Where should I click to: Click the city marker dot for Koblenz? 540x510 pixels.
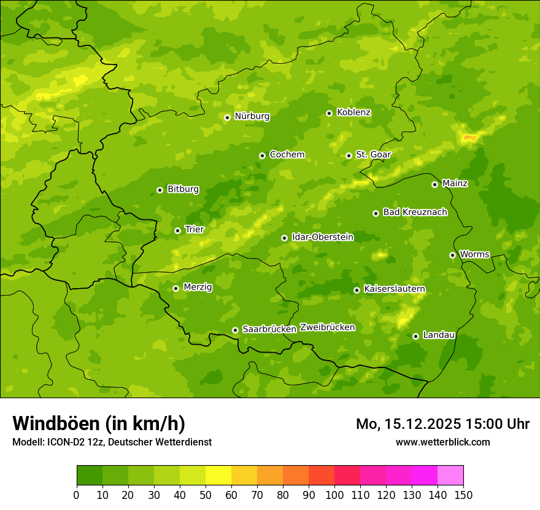coord(330,113)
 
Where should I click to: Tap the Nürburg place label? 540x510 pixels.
coord(252,116)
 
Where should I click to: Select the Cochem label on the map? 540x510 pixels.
coord(287,154)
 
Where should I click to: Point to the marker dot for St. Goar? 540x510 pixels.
coord(349,155)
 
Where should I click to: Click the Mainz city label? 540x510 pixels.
coord(455,183)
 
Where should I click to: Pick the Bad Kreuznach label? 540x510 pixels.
coord(415,212)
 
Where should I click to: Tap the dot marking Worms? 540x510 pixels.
coord(453,255)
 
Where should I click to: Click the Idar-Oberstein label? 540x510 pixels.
coord(322,237)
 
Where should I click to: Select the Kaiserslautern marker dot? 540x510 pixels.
coord(357,290)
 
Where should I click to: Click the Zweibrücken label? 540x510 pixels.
coord(327,327)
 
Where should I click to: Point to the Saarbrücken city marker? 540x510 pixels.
coord(235,330)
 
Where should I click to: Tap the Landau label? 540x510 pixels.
coord(439,335)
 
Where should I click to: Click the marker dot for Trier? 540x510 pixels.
coord(178,230)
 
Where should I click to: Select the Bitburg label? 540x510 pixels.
coord(183,189)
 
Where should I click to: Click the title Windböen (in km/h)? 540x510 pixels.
coord(99,423)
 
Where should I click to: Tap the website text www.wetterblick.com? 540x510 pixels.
coord(442,442)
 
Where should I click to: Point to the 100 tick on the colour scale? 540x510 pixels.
coord(334,494)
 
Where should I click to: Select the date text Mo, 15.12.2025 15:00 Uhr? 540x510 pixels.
coord(442,424)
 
